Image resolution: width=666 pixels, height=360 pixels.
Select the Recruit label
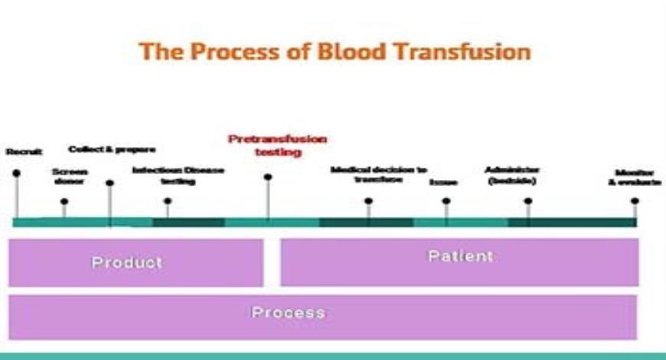(x=24, y=152)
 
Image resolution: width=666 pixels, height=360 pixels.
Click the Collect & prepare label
(x=112, y=149)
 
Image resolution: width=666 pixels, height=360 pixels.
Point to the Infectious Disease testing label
(x=178, y=175)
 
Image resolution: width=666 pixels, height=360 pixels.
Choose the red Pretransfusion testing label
(x=277, y=146)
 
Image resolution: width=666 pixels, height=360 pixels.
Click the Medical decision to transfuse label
(x=379, y=174)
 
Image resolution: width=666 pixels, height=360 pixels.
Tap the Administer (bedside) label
(x=513, y=175)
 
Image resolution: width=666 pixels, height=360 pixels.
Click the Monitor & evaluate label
(x=634, y=177)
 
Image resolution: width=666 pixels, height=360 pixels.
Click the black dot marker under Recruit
(x=16, y=173)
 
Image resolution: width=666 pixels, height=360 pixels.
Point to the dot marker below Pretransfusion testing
(x=268, y=177)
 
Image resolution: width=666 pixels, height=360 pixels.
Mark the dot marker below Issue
(x=446, y=201)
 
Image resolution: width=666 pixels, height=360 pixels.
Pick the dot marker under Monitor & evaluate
(x=635, y=201)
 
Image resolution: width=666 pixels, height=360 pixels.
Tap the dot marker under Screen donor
(x=64, y=201)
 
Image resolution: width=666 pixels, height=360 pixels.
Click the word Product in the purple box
(x=127, y=262)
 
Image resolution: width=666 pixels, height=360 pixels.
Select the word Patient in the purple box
(x=460, y=256)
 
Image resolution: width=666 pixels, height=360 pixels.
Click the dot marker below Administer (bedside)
(x=528, y=201)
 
